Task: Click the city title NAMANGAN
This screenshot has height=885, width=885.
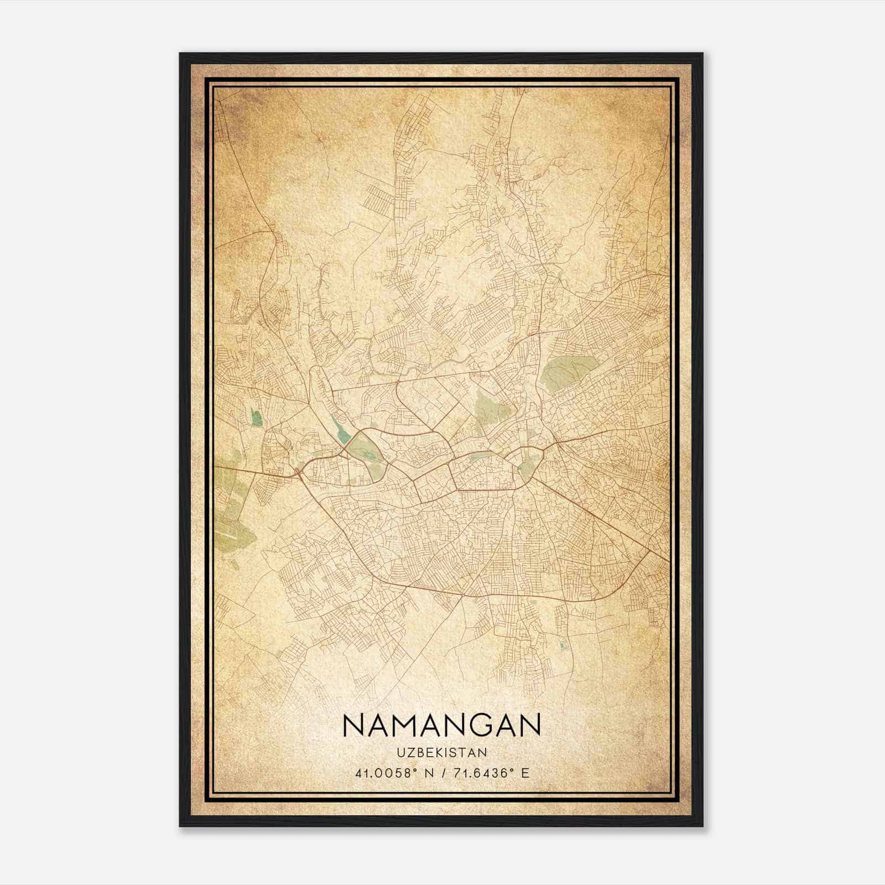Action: (441, 725)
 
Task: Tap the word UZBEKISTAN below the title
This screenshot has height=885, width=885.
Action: (441, 752)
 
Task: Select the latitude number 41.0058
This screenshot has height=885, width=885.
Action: (384, 773)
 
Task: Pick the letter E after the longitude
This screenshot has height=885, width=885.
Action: (525, 773)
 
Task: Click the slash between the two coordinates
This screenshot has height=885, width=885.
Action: (442, 773)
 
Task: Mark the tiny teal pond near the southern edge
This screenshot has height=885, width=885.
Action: (563, 644)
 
